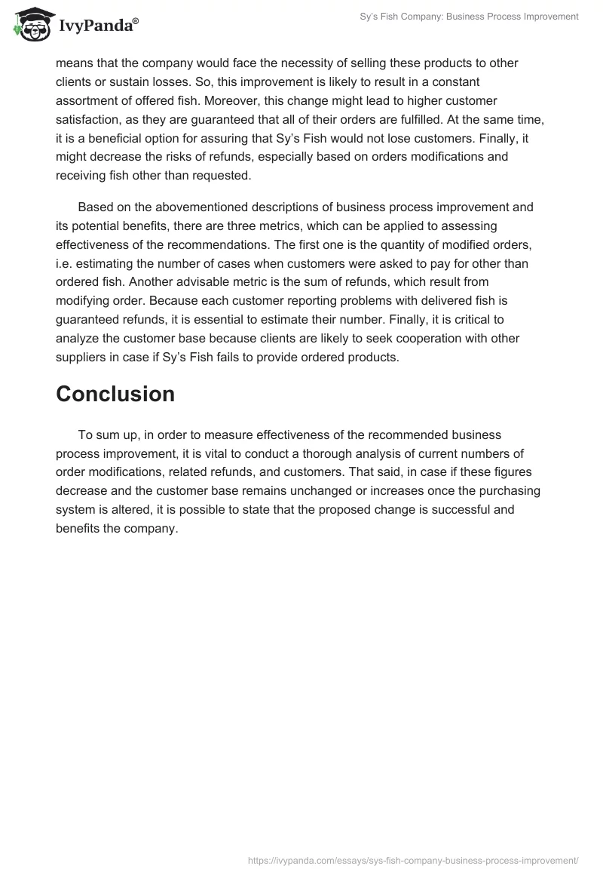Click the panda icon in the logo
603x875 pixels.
click(30, 23)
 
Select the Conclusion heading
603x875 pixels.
click(115, 394)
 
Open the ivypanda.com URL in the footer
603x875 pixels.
click(413, 859)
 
